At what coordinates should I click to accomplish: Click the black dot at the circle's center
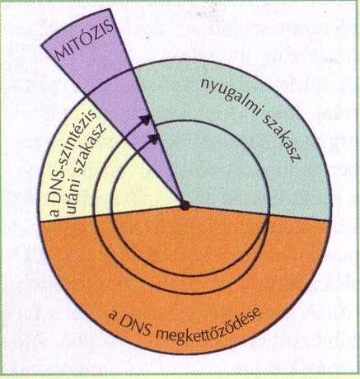(x=185, y=205)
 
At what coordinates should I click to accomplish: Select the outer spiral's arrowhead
(x=146, y=119)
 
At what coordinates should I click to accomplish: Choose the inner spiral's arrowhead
(x=154, y=138)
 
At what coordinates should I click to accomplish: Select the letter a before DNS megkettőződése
(x=113, y=316)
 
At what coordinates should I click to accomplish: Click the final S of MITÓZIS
(x=109, y=27)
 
